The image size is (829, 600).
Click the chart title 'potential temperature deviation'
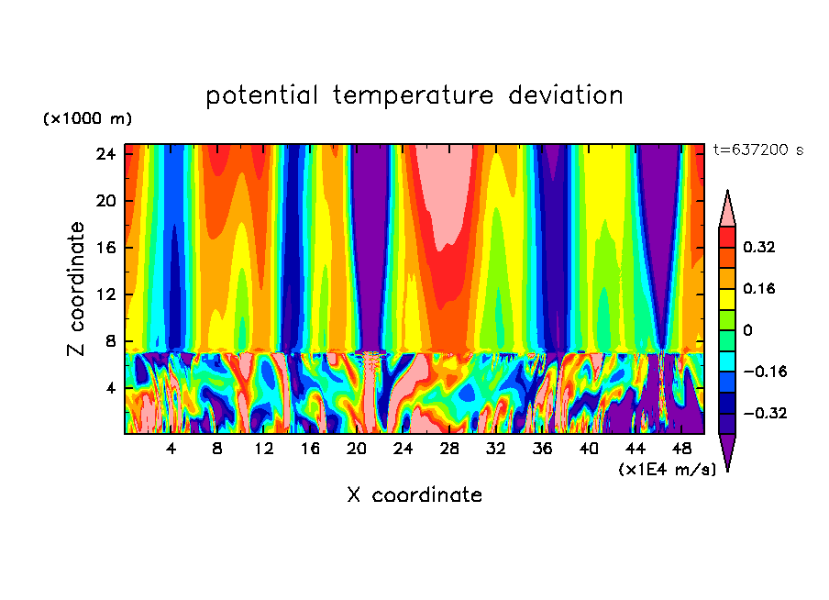[x=414, y=95]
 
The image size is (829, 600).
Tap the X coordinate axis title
[x=414, y=495]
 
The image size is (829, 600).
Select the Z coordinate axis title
[x=77, y=288]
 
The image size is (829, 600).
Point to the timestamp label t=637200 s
[x=757, y=150]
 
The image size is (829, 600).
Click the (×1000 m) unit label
[x=87, y=119]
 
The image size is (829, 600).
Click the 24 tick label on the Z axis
[x=106, y=154]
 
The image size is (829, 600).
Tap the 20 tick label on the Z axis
[x=106, y=201]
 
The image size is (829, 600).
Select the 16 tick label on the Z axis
[x=106, y=248]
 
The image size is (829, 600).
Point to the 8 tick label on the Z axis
[x=112, y=341]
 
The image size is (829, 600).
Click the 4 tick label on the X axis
[x=171, y=450]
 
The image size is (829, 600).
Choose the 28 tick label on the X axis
[x=449, y=450]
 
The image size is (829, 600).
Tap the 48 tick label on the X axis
[x=681, y=450]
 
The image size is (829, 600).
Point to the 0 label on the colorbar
[x=748, y=330]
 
